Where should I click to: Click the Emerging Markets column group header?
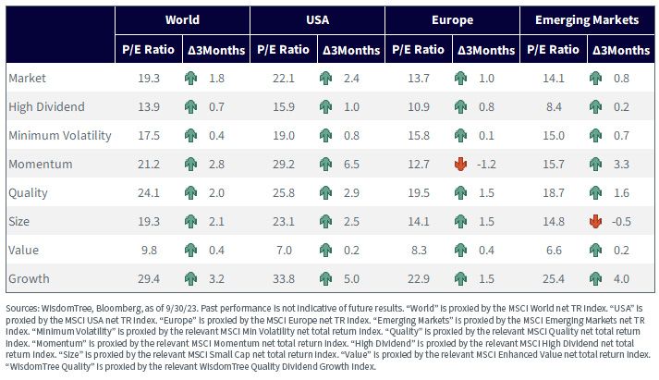pyautogui.click(x=587, y=19)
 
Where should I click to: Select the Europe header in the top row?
pyautogui.click(x=452, y=19)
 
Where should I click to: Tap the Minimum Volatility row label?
pyautogui.click(x=60, y=135)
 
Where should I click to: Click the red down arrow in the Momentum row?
pyautogui.click(x=460, y=164)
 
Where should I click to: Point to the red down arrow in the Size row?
pyautogui.click(x=595, y=221)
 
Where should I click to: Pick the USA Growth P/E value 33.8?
pyautogui.click(x=283, y=278)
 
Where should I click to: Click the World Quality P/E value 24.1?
pyautogui.click(x=149, y=193)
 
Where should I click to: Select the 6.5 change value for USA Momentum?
pyautogui.click(x=351, y=164)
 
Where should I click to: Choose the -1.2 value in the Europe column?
pyautogui.click(x=486, y=164)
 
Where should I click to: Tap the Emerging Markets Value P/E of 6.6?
pyautogui.click(x=554, y=251)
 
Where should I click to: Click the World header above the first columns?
pyautogui.click(x=182, y=19)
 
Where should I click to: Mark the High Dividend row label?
pyautogui.click(x=46, y=106)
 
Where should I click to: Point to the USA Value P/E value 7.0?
pyautogui.click(x=284, y=251)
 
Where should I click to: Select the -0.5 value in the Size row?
pyautogui.click(x=621, y=221)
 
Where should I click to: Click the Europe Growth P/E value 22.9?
pyautogui.click(x=418, y=278)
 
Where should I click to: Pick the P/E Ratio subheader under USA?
pyautogui.click(x=283, y=50)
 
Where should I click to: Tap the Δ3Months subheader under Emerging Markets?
pyautogui.click(x=621, y=50)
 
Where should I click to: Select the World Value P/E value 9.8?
pyautogui.click(x=149, y=251)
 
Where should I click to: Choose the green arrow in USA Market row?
pyautogui.click(x=325, y=79)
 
